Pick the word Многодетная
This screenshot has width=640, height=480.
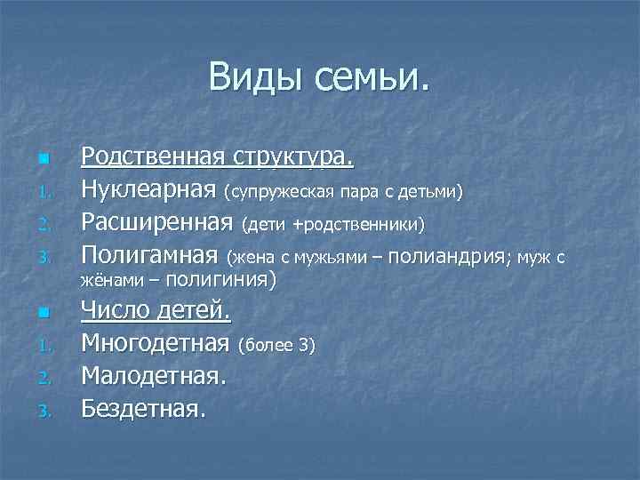click(156, 343)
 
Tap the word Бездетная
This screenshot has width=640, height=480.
click(144, 408)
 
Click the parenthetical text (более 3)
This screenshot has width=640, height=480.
click(277, 345)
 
